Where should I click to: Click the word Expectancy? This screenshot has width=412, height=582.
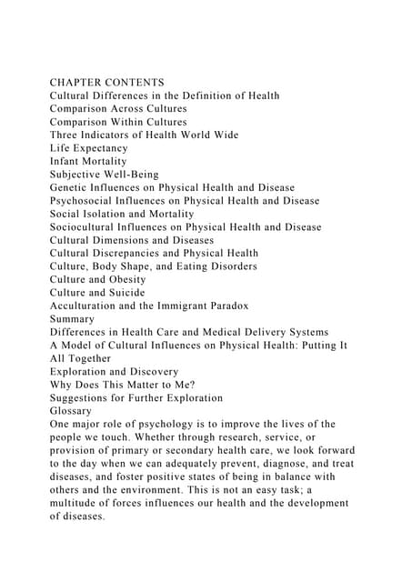pyautogui.click(x=98, y=147)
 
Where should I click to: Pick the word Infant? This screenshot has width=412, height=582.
pyautogui.click(x=67, y=161)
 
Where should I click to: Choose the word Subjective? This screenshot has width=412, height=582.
pyautogui.click(x=80, y=174)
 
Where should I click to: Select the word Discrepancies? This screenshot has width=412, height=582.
pyautogui.click(x=149, y=253)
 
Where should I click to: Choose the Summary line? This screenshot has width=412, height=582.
pyautogui.click(x=75, y=319)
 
